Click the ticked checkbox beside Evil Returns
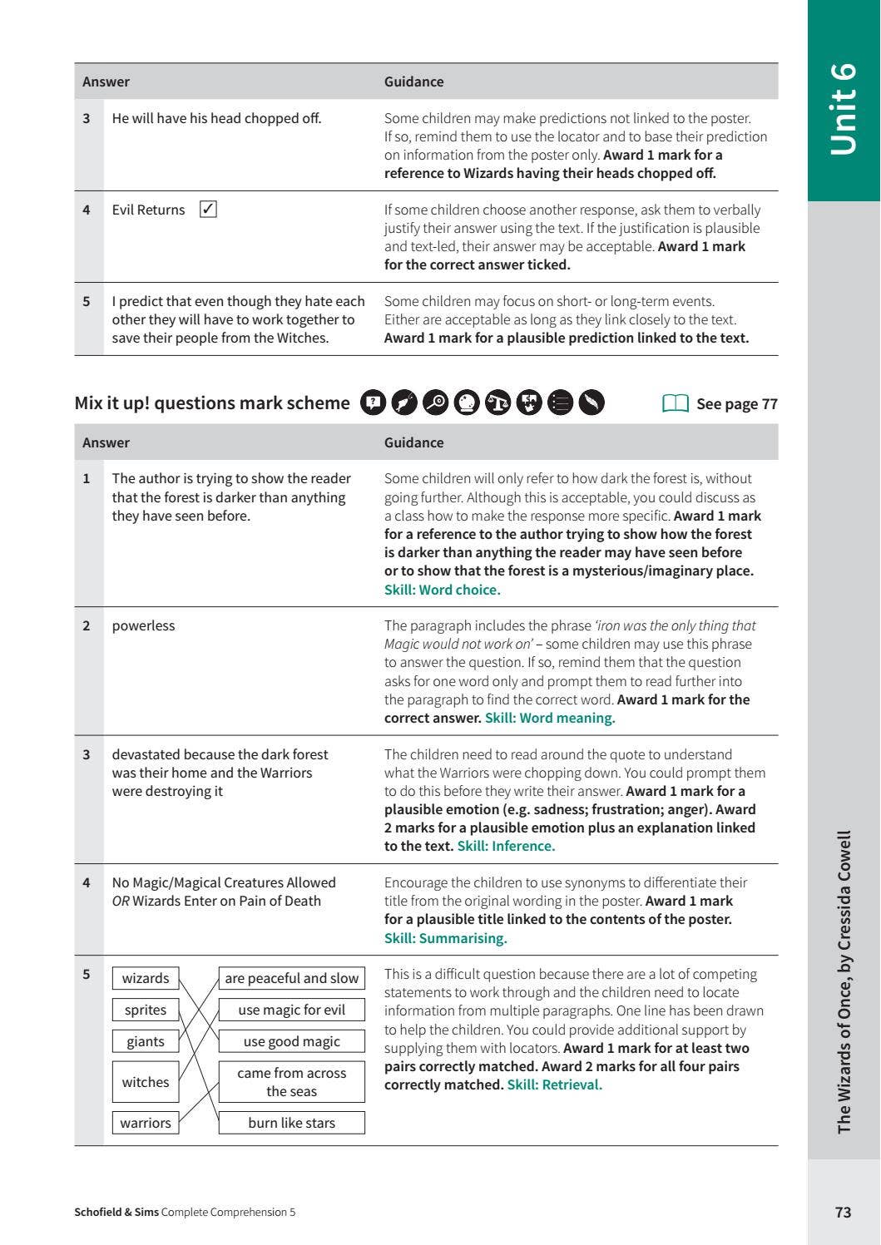pyautogui.click(x=208, y=210)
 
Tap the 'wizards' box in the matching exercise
pyautogui.click(x=146, y=978)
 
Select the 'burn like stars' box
pyautogui.click(x=291, y=1123)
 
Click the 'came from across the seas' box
pyautogui.click(x=291, y=1082)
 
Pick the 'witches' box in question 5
pyautogui.click(x=146, y=1082)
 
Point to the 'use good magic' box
pyautogui.click(x=291, y=1041)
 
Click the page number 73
pyautogui.click(x=843, y=1212)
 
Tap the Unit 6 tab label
pyautogui.click(x=843, y=108)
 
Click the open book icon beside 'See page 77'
pyautogui.click(x=676, y=403)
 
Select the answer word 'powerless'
pyautogui.click(x=143, y=625)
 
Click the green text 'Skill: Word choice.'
pyautogui.click(x=442, y=590)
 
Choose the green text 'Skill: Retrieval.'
pyautogui.click(x=554, y=1084)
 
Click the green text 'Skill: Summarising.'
pyautogui.click(x=445, y=938)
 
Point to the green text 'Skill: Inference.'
pyautogui.click(x=506, y=846)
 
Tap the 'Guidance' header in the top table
pyautogui.click(x=413, y=82)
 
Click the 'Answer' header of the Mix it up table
pyautogui.click(x=106, y=442)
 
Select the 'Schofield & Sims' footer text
pyautogui.click(x=116, y=1212)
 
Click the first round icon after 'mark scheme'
pyautogui.click(x=374, y=403)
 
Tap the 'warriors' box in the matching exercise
pyautogui.click(x=146, y=1123)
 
